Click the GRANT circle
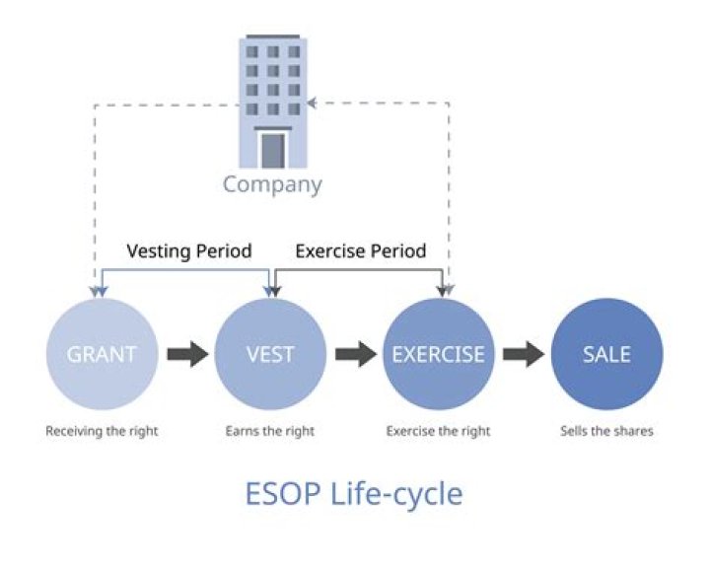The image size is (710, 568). [102, 354]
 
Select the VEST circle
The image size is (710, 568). [269, 354]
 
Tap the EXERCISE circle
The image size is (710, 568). [438, 354]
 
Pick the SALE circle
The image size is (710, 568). [606, 354]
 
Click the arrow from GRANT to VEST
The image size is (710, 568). [185, 354]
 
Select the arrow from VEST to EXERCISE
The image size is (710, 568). [353, 354]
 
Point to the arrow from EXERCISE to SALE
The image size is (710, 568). [523, 354]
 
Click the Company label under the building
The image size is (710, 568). [272, 184]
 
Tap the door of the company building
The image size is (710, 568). [272, 149]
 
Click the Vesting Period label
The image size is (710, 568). [189, 250]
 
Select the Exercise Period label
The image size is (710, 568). [361, 250]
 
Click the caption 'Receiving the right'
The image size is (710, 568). [102, 431]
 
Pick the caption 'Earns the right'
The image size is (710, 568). [269, 431]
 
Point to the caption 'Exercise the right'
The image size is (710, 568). [438, 431]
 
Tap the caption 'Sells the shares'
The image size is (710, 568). [606, 431]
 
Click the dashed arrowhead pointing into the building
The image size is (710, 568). [313, 102]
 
